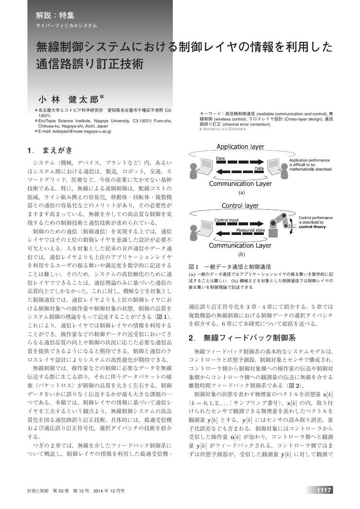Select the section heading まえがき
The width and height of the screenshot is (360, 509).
coord(57,151)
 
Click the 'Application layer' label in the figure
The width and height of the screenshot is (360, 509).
coord(240,147)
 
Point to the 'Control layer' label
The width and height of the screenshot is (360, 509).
coord(240,205)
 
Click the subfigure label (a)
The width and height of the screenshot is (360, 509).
coord(240,192)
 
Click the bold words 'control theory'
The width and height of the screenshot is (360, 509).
coord(313,227)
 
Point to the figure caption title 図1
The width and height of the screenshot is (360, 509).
coord(194,266)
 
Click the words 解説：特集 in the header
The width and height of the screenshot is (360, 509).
coord(55,16)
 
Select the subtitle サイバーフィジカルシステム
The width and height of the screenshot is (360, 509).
coord(66,26)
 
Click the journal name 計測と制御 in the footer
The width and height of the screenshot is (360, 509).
coord(37,491)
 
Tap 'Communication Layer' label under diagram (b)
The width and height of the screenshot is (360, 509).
coord(240,245)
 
